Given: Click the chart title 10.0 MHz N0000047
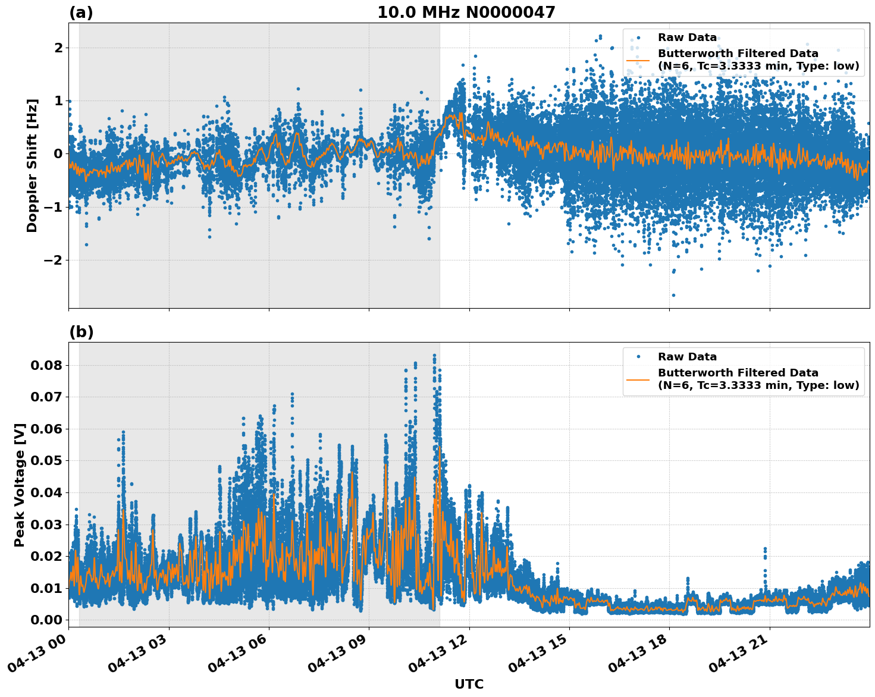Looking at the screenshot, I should (466, 12).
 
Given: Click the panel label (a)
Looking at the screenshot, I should (81, 12).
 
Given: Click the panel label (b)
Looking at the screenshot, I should (81, 332).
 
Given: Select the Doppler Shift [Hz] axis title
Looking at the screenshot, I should (32, 165).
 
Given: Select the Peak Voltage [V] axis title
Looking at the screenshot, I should (20, 485).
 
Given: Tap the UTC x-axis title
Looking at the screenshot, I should (469, 684).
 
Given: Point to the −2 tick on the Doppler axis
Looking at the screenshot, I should (54, 260).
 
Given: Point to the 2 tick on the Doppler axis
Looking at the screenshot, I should (58, 48).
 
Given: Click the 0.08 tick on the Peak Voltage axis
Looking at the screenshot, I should (46, 365).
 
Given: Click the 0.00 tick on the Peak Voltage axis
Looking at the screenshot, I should (46, 620).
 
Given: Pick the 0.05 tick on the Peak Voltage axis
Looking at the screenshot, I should (46, 461).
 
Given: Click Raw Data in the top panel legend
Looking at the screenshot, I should (687, 37).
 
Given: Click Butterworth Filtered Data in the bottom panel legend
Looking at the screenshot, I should (738, 373).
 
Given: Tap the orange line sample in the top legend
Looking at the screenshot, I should (638, 59).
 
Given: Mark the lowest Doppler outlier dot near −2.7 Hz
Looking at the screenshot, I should (673, 295).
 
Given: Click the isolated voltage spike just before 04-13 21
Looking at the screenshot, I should (765, 550).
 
